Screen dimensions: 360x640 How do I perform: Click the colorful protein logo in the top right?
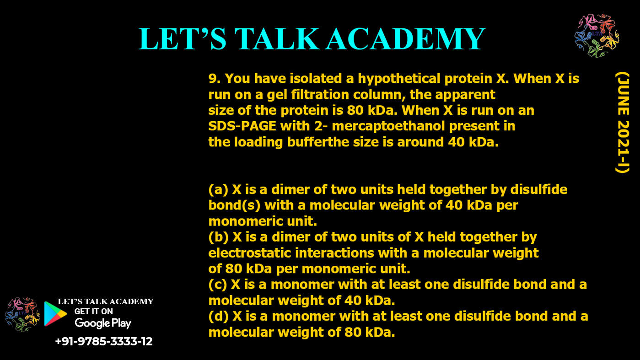[x=596, y=35]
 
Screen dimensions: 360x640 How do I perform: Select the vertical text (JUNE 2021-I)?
[x=622, y=123]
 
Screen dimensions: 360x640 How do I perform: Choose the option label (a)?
[x=218, y=189]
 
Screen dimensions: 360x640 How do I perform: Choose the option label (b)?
[x=218, y=237]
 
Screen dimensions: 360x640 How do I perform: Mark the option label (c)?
[x=218, y=285]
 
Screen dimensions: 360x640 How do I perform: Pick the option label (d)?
[x=218, y=316]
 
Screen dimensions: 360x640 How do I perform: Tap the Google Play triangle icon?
[x=55, y=314]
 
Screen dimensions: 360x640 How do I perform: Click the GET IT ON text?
[x=93, y=312]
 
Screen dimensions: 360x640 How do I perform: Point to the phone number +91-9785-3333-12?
[x=103, y=341]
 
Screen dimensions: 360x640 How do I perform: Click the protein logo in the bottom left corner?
[x=22, y=314]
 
